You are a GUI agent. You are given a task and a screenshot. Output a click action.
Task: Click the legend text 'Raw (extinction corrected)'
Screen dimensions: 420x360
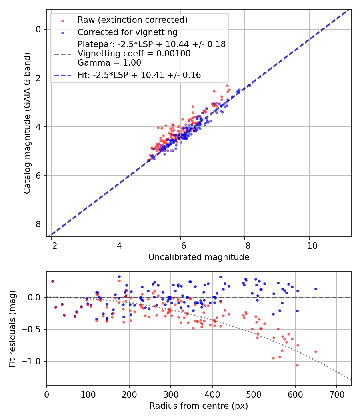[132, 20]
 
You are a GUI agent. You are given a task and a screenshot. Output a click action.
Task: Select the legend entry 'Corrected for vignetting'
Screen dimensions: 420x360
[128, 32]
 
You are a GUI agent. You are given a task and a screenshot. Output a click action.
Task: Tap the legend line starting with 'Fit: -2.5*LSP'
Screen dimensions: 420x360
[139, 75]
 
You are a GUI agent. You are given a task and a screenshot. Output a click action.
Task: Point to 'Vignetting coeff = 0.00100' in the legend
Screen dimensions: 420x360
[134, 53]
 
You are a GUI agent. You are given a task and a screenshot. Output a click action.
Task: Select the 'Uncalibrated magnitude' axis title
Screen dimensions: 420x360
[199, 257]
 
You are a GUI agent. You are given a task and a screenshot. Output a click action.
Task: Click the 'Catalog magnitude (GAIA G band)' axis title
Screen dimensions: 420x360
[27, 123]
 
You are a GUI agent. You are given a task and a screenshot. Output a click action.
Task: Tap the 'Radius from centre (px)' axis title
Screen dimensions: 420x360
[199, 406]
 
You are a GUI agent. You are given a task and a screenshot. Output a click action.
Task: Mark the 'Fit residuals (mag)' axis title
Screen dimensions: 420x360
[12, 328]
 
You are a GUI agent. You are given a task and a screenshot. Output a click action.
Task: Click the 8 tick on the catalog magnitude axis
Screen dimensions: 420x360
[38, 224]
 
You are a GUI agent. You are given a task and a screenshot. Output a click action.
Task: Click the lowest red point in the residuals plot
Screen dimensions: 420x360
[297, 365]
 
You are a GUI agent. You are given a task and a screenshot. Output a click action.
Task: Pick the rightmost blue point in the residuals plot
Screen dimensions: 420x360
[316, 289]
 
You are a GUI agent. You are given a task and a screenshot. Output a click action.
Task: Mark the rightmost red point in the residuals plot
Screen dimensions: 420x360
[316, 352]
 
